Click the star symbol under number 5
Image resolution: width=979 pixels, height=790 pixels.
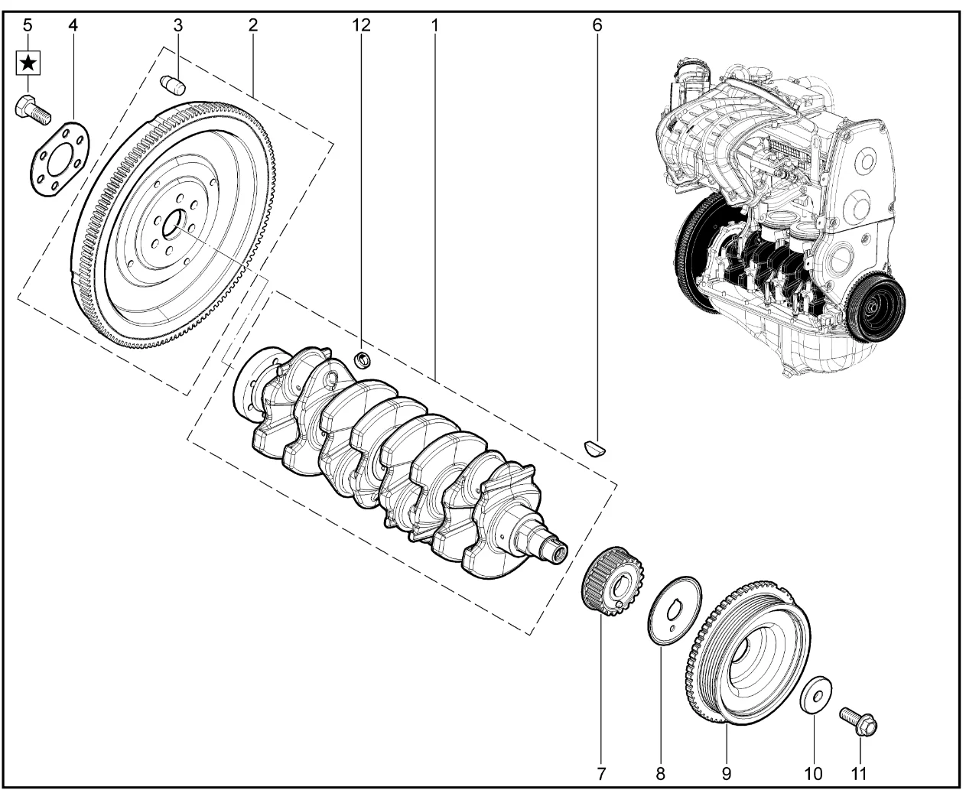coord(28,63)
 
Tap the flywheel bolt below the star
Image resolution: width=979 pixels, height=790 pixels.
coord(31,109)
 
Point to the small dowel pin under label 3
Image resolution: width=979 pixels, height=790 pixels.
coord(174,82)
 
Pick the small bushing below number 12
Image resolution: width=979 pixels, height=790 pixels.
coord(364,359)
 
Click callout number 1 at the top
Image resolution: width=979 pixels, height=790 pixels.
coord(434,24)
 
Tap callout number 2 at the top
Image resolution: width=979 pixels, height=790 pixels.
coord(252,24)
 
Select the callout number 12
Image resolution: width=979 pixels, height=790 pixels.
coord(361,24)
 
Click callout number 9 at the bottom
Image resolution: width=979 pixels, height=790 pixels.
coord(726,773)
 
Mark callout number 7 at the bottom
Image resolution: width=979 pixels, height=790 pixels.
coord(600,773)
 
